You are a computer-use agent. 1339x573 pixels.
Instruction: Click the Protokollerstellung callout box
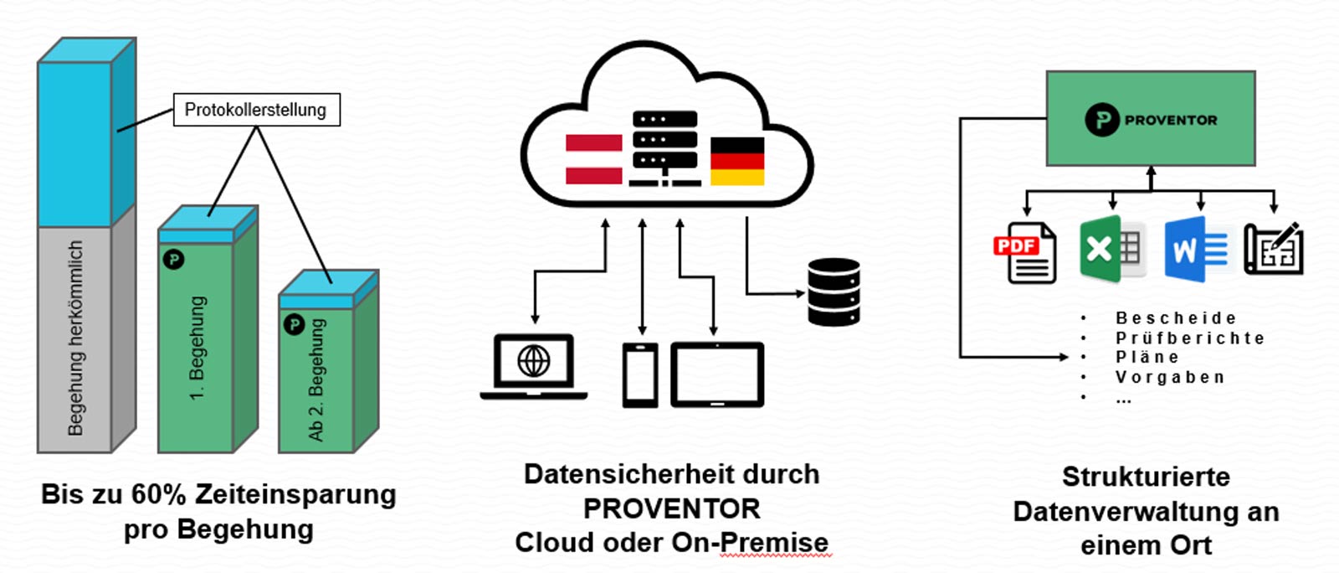(256, 110)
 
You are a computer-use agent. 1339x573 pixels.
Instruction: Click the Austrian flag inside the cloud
(593, 159)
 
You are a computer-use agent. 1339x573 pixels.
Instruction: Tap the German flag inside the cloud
(736, 161)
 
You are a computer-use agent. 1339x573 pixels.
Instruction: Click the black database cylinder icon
(834, 292)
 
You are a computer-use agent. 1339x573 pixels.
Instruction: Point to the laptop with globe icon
(534, 366)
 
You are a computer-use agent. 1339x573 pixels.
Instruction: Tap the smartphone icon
(640, 375)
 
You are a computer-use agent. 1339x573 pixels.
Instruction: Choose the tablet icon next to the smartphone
(717, 374)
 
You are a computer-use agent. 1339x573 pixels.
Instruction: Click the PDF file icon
(1025, 253)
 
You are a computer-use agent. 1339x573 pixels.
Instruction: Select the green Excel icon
(1111, 249)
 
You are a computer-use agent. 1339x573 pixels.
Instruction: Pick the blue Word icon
(1196, 249)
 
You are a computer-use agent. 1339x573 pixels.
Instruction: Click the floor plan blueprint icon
(1273, 249)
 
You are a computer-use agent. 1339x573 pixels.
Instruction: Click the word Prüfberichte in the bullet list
(1189, 338)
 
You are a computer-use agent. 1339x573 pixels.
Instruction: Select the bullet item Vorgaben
(1170, 378)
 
